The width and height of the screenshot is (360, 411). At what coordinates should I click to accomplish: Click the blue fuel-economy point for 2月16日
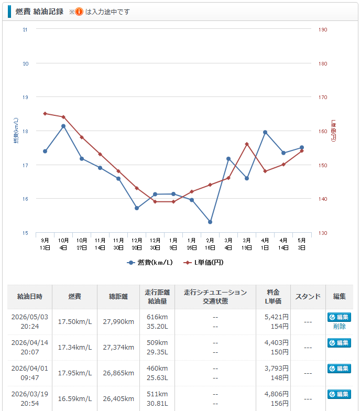point(210,222)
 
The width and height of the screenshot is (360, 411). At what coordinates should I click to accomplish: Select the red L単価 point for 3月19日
point(246,144)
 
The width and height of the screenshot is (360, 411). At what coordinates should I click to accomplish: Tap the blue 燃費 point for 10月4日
point(63,126)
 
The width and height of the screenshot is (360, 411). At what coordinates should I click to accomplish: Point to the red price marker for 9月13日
point(45,113)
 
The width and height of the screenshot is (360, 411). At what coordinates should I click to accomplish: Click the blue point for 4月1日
point(265,132)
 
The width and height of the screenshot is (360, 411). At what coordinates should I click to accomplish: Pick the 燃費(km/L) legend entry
point(150,262)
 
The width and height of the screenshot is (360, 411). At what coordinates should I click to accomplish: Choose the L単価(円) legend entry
point(203,262)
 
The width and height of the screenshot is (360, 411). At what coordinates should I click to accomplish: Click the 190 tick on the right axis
point(323,29)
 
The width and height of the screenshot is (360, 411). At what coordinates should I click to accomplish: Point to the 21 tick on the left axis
point(25,29)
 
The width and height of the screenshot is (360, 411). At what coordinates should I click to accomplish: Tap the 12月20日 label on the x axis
point(137,244)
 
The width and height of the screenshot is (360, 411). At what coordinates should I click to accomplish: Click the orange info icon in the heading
point(79,12)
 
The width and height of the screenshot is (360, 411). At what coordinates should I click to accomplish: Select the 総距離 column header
point(118,297)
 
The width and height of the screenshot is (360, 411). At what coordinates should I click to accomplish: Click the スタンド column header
point(308,297)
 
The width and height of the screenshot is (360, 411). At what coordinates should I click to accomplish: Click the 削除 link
point(340,326)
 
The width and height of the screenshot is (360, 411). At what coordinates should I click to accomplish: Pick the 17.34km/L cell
point(74,347)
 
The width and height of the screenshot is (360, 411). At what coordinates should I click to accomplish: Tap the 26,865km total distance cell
point(118,373)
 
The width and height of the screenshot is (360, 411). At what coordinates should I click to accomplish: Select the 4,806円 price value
point(277,394)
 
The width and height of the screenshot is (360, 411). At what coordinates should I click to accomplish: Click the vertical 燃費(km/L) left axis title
point(16,131)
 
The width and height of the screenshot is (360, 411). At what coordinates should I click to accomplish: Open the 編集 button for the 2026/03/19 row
point(339,394)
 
